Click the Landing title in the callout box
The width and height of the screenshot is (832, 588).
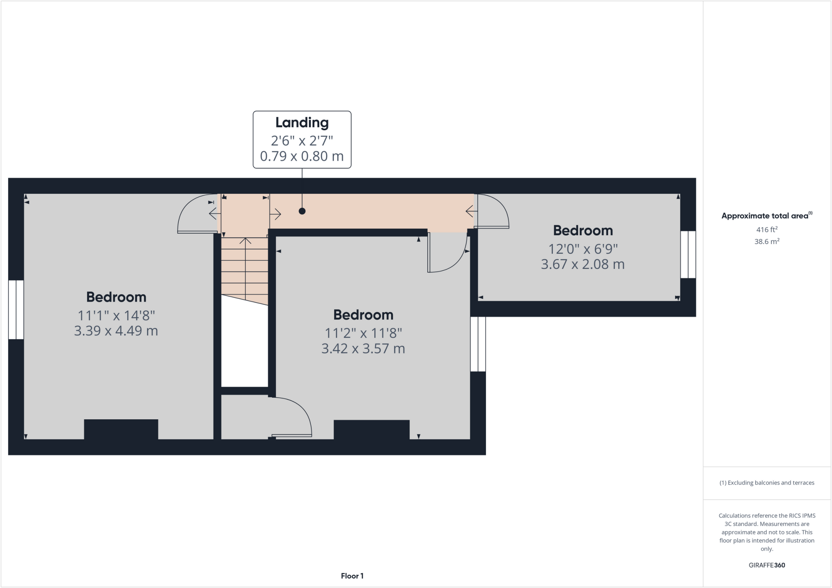(x=302, y=123)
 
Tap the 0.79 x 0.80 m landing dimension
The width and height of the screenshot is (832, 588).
(x=302, y=156)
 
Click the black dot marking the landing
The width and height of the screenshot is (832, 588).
(x=302, y=211)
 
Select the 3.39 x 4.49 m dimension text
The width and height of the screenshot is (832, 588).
(x=116, y=331)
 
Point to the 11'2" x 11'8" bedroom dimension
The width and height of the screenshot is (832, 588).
(x=363, y=333)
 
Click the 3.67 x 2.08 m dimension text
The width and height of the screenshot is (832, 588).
(x=583, y=264)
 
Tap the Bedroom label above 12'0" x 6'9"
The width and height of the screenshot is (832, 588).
(x=583, y=230)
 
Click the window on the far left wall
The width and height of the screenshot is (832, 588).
(x=16, y=309)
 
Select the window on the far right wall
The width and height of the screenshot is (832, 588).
(x=688, y=254)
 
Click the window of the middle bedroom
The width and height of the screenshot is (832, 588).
(x=478, y=344)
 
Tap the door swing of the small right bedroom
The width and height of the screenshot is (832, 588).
(x=494, y=211)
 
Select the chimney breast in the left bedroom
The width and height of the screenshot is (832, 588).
(x=121, y=429)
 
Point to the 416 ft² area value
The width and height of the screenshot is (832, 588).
(x=767, y=230)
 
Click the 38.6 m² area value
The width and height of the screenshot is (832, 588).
(x=767, y=241)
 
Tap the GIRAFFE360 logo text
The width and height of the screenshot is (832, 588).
(x=767, y=565)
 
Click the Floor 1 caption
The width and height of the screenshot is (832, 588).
(x=352, y=576)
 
